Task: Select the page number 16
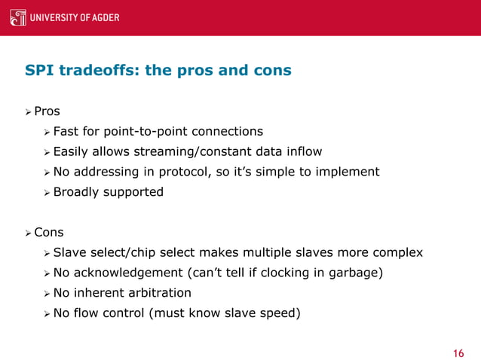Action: (458, 353)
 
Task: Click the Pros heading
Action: (47, 111)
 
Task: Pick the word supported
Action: (134, 192)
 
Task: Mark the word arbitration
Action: (159, 293)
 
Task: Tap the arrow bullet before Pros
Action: (27, 111)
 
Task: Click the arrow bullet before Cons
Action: (27, 233)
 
